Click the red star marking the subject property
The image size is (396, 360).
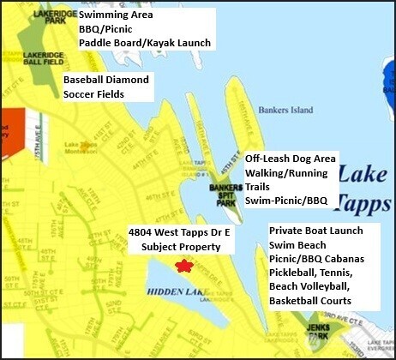click(183, 267)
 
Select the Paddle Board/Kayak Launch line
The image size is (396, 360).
click(144, 43)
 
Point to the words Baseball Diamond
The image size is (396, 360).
click(106, 79)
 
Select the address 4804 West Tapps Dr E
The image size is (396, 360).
click(183, 232)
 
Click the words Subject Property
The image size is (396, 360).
click(175, 247)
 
